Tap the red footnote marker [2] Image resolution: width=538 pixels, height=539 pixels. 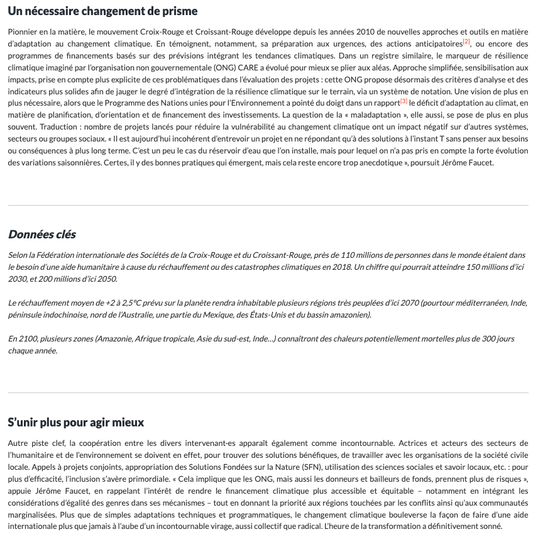(466, 42)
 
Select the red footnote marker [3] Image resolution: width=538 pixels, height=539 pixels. (403, 101)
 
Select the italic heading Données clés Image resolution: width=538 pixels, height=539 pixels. (41, 235)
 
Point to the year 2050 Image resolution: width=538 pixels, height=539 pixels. (106, 279)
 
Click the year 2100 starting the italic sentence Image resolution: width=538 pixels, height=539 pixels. (28, 339)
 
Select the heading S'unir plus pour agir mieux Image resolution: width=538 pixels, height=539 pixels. (76, 422)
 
